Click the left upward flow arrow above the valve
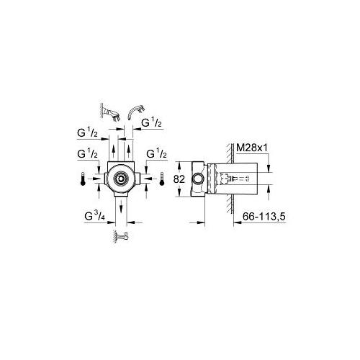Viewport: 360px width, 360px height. (112, 152)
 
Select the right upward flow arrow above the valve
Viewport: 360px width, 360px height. (128, 152)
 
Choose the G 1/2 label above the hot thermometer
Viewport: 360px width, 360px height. (87, 154)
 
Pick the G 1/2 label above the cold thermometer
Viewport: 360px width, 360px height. (156, 154)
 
